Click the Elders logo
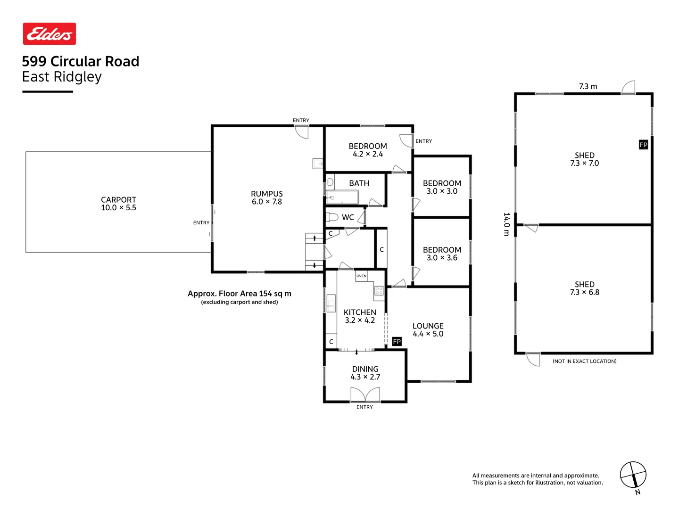50,34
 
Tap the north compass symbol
633,475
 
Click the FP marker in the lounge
397,342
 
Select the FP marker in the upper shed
643,145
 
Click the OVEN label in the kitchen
361,276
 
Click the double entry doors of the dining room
365,394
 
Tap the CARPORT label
118,200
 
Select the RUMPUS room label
266,194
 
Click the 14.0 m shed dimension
506,224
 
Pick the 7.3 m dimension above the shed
588,87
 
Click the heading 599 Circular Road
81,62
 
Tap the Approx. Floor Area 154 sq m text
239,294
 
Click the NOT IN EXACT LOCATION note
584,361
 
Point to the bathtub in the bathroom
342,197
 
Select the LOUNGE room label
428,326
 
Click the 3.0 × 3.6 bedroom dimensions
442,258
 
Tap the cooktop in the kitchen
379,291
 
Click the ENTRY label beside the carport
201,223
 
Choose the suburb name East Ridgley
62,77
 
